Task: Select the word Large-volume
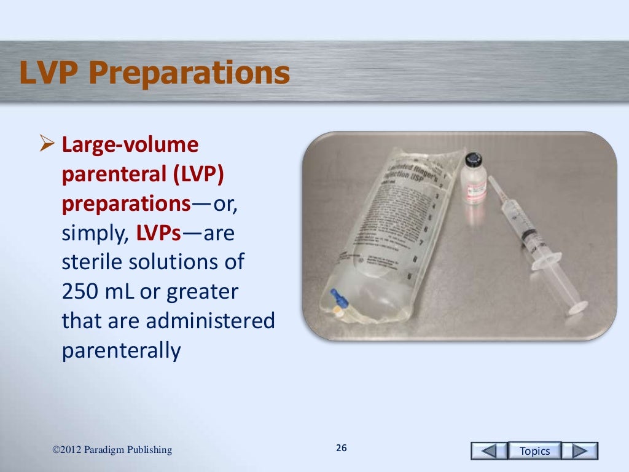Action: click(130, 146)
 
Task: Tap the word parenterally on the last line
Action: click(122, 350)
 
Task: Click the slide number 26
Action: click(342, 449)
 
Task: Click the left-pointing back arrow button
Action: click(489, 451)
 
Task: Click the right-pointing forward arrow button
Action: click(580, 451)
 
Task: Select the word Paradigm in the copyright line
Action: click(110, 450)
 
